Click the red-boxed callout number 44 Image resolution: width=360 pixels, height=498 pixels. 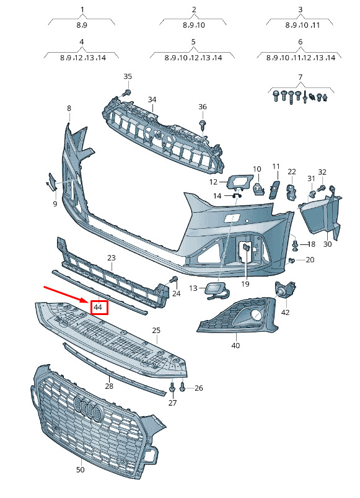click(98, 307)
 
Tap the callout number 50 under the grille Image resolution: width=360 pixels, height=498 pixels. click(81, 469)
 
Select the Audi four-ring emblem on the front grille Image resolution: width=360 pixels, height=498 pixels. click(89, 408)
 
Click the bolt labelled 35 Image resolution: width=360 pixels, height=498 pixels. click(127, 92)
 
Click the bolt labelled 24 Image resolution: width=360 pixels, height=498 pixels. click(173, 280)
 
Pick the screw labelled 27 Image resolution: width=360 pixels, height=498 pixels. click(172, 386)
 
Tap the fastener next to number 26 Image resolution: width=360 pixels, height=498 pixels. click(182, 387)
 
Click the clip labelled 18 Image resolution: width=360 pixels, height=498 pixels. click(296, 244)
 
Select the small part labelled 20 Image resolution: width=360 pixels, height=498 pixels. click(291, 260)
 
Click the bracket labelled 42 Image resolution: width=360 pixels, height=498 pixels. click(285, 290)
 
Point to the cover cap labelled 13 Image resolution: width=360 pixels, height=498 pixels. click(217, 290)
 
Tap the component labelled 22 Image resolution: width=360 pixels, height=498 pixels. click(291, 192)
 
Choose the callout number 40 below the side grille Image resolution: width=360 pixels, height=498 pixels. click(235, 345)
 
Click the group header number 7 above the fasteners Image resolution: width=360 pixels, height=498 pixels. click(300, 76)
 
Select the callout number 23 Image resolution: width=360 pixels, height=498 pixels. click(112, 257)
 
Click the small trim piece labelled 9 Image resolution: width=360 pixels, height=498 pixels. click(51, 182)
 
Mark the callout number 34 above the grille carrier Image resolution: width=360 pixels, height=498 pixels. click(152, 99)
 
